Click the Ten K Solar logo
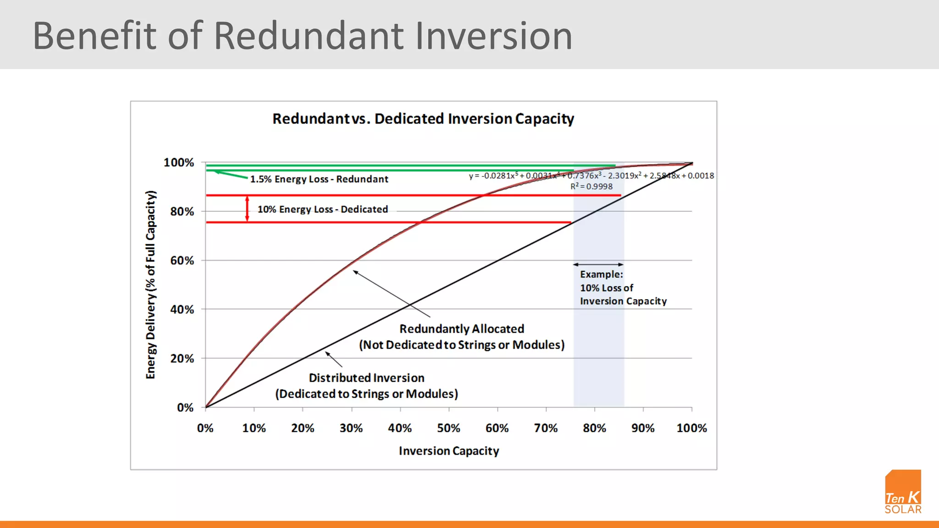[902, 492]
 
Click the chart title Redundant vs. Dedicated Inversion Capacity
[423, 119]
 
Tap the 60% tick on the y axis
[182, 261]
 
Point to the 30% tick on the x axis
[351, 428]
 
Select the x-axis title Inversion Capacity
[448, 451]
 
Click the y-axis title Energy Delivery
[151, 285]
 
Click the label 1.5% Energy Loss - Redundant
[319, 179]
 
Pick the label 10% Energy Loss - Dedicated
[322, 209]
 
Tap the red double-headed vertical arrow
[247, 209]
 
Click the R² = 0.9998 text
[591, 187]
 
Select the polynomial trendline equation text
[591, 176]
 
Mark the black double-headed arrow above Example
[598, 264]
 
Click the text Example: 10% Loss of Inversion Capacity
[623, 288]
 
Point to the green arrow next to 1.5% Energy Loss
[231, 175]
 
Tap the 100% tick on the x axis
[691, 428]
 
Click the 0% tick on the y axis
[185, 407]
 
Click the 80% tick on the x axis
[594, 428]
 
